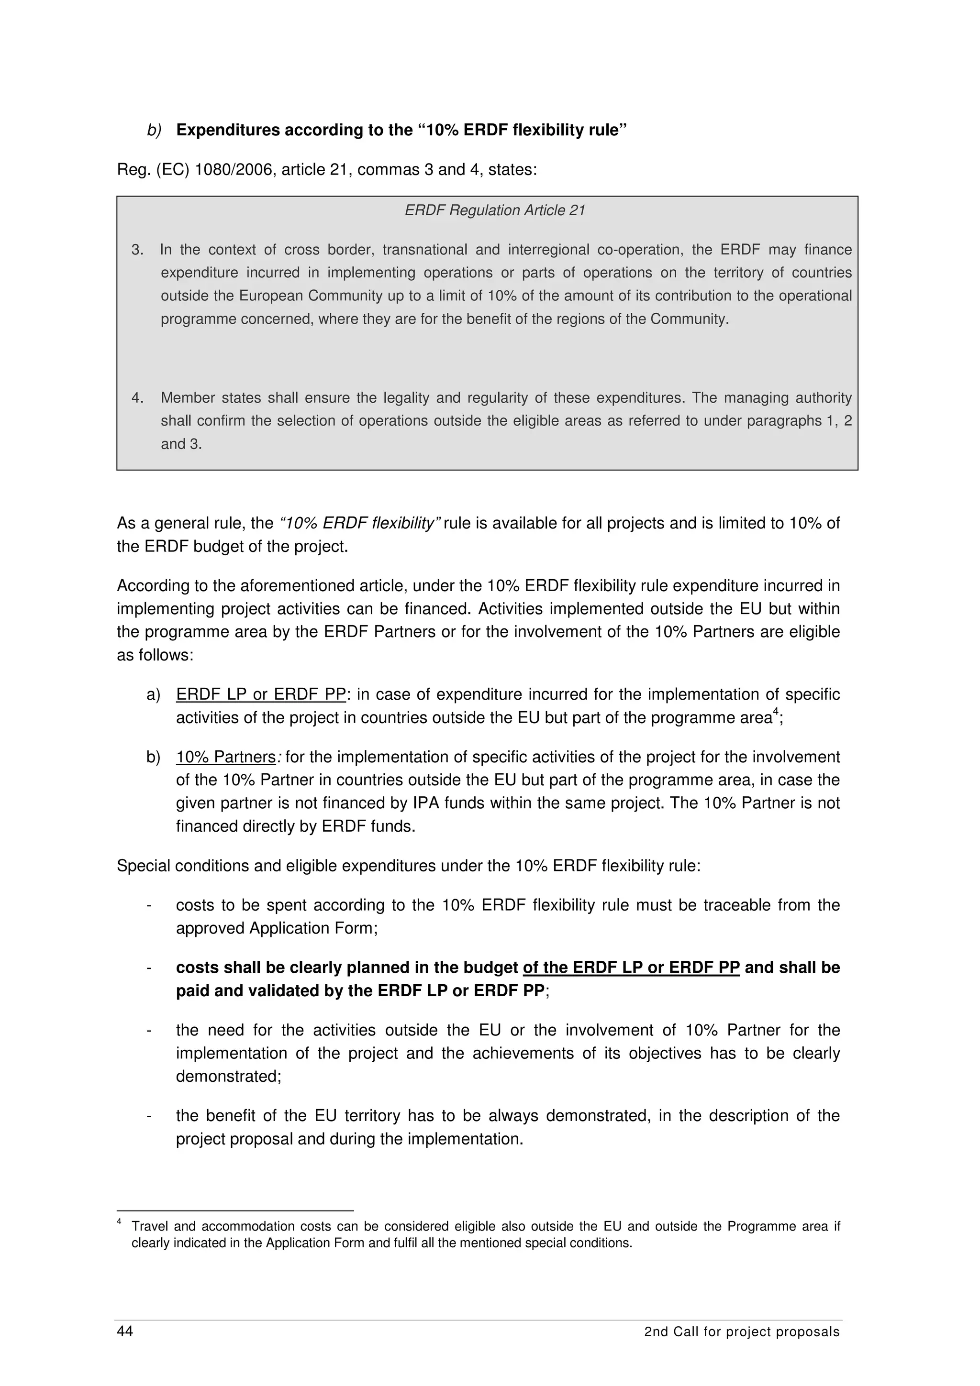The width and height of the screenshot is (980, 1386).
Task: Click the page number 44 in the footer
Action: [125, 1331]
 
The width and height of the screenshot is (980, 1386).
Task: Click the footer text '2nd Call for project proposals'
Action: [742, 1331]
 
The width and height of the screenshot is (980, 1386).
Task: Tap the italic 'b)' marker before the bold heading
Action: [154, 131]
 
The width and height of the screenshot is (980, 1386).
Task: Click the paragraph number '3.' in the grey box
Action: [138, 250]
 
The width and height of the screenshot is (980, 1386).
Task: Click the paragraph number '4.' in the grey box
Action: [138, 398]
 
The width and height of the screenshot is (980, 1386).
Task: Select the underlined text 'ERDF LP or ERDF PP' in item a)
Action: [261, 695]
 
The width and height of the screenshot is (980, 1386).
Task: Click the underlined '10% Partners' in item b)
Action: [226, 757]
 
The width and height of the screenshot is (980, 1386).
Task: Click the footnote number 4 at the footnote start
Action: [120, 1222]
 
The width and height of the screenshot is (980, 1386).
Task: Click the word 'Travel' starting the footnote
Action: [149, 1227]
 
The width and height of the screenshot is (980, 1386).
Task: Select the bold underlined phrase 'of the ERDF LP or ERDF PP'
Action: [631, 968]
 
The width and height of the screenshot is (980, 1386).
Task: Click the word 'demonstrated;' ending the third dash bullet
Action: [228, 1076]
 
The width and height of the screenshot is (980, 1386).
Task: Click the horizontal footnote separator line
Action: [235, 1210]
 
